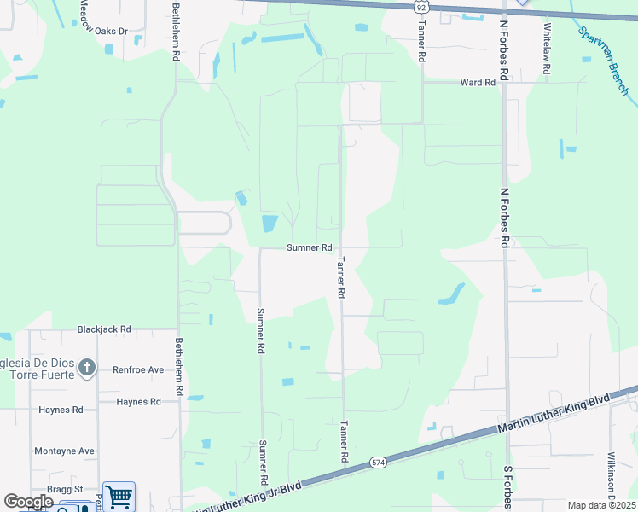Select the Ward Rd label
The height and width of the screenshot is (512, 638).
478,83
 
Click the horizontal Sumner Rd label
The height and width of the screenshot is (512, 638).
309,247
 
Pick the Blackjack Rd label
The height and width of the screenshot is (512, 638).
104,329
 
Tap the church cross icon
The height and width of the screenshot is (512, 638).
86,369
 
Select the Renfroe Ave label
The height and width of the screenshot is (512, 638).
138,370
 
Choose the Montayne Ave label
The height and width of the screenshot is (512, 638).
64,451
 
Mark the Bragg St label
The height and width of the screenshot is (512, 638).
65,489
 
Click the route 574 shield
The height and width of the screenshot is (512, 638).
379,463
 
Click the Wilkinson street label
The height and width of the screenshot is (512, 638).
612,478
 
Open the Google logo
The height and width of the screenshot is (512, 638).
28,502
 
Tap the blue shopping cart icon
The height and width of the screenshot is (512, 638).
119,495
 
